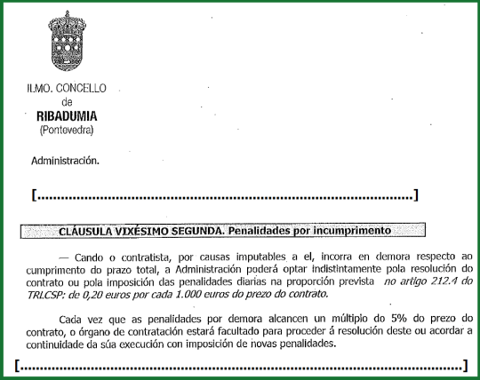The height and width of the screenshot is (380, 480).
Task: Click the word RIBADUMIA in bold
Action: coord(67,116)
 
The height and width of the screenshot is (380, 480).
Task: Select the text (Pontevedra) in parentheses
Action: coord(67,131)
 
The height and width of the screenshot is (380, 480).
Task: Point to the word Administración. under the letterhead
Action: coord(65,162)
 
